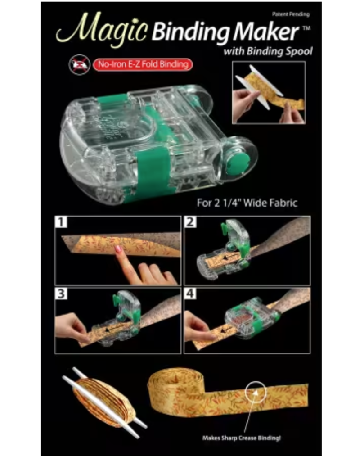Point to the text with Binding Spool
point(268,51)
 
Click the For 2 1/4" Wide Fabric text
point(247,203)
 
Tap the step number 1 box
point(61,222)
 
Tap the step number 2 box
point(190,222)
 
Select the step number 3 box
point(61,294)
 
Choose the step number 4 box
point(190,294)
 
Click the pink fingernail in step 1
point(118,249)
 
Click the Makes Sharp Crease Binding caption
point(241,438)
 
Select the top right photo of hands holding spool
point(269,92)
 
